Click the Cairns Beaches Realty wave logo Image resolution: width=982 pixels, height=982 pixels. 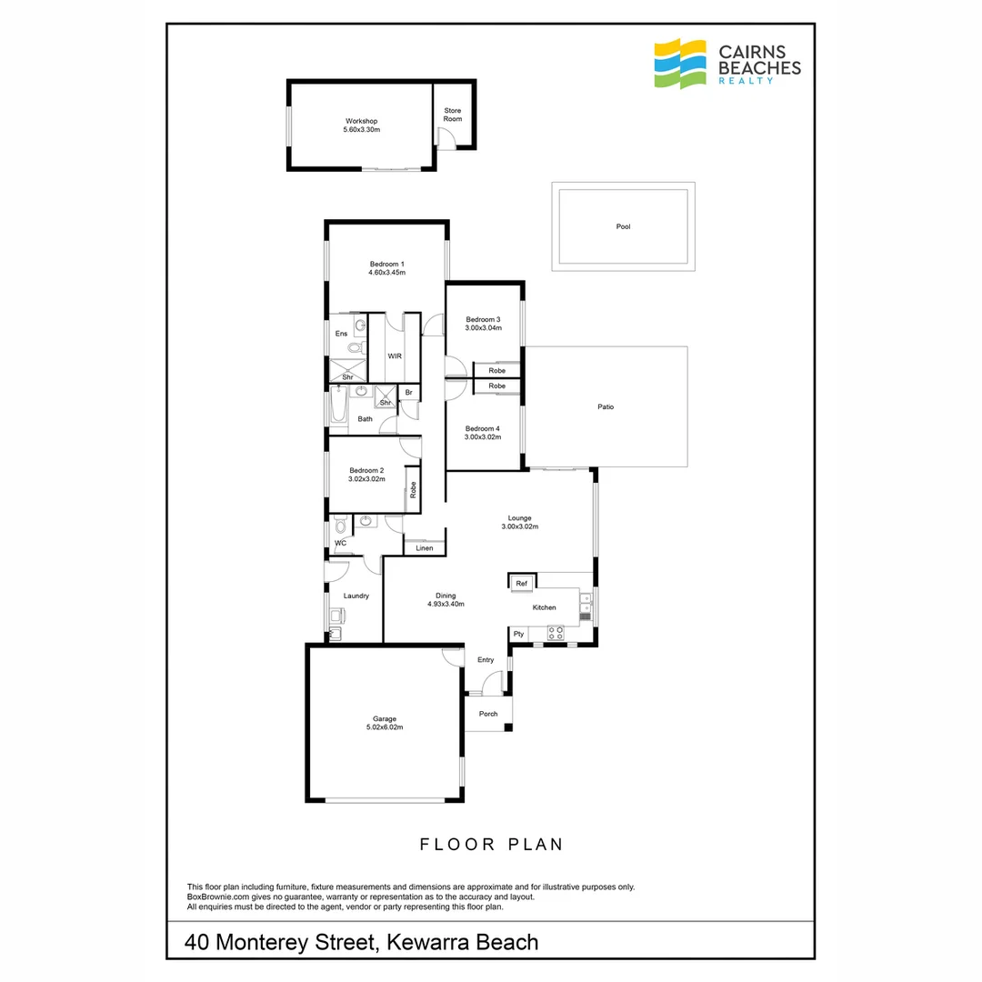[681, 64]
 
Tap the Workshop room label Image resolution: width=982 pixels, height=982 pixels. [361, 121]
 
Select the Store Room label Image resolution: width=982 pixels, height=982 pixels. [452, 115]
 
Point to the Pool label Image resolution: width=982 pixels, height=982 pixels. [623, 227]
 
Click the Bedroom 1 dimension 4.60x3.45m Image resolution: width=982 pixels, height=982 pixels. [386, 272]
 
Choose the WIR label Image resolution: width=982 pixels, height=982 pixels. [395, 356]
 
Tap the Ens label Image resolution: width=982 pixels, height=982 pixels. [341, 334]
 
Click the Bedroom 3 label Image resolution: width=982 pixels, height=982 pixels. [483, 319]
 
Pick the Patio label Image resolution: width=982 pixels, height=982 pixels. [606, 406]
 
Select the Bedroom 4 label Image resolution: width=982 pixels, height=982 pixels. [483, 428]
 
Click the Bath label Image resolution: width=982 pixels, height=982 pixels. [365, 419]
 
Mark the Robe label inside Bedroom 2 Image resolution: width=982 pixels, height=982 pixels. [413, 490]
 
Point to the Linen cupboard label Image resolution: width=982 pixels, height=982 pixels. [425, 548]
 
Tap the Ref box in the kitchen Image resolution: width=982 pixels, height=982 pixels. [522, 584]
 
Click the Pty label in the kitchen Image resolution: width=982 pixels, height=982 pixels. [519, 633]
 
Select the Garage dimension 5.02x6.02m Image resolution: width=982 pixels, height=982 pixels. [384, 727]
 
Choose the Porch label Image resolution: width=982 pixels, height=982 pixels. [488, 714]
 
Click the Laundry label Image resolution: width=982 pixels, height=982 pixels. [356, 596]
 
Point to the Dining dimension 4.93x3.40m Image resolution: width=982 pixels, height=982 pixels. [446, 604]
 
